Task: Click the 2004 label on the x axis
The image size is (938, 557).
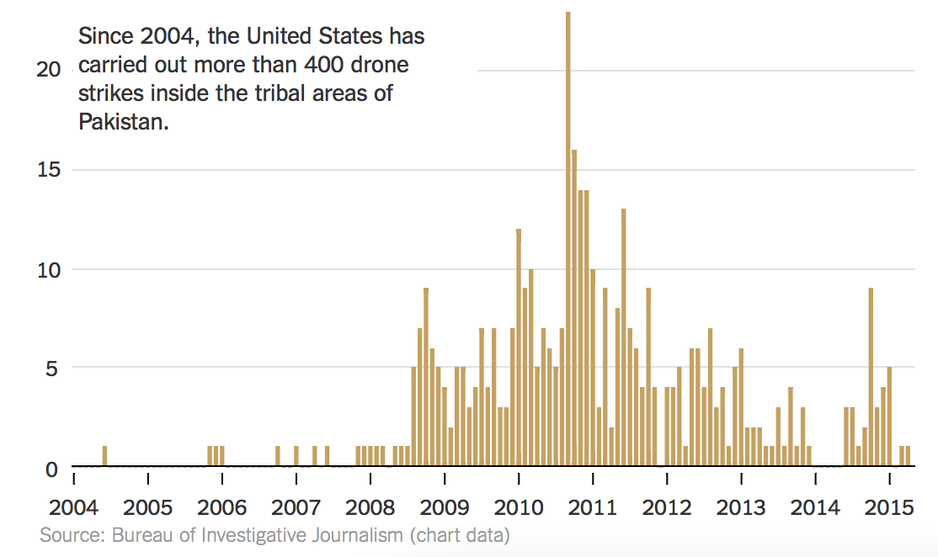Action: click(74, 509)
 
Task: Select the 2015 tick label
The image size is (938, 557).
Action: click(890, 509)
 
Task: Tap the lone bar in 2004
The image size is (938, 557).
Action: click(104, 455)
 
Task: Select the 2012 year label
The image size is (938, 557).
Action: click(667, 509)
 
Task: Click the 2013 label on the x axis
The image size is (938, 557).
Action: click(741, 509)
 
